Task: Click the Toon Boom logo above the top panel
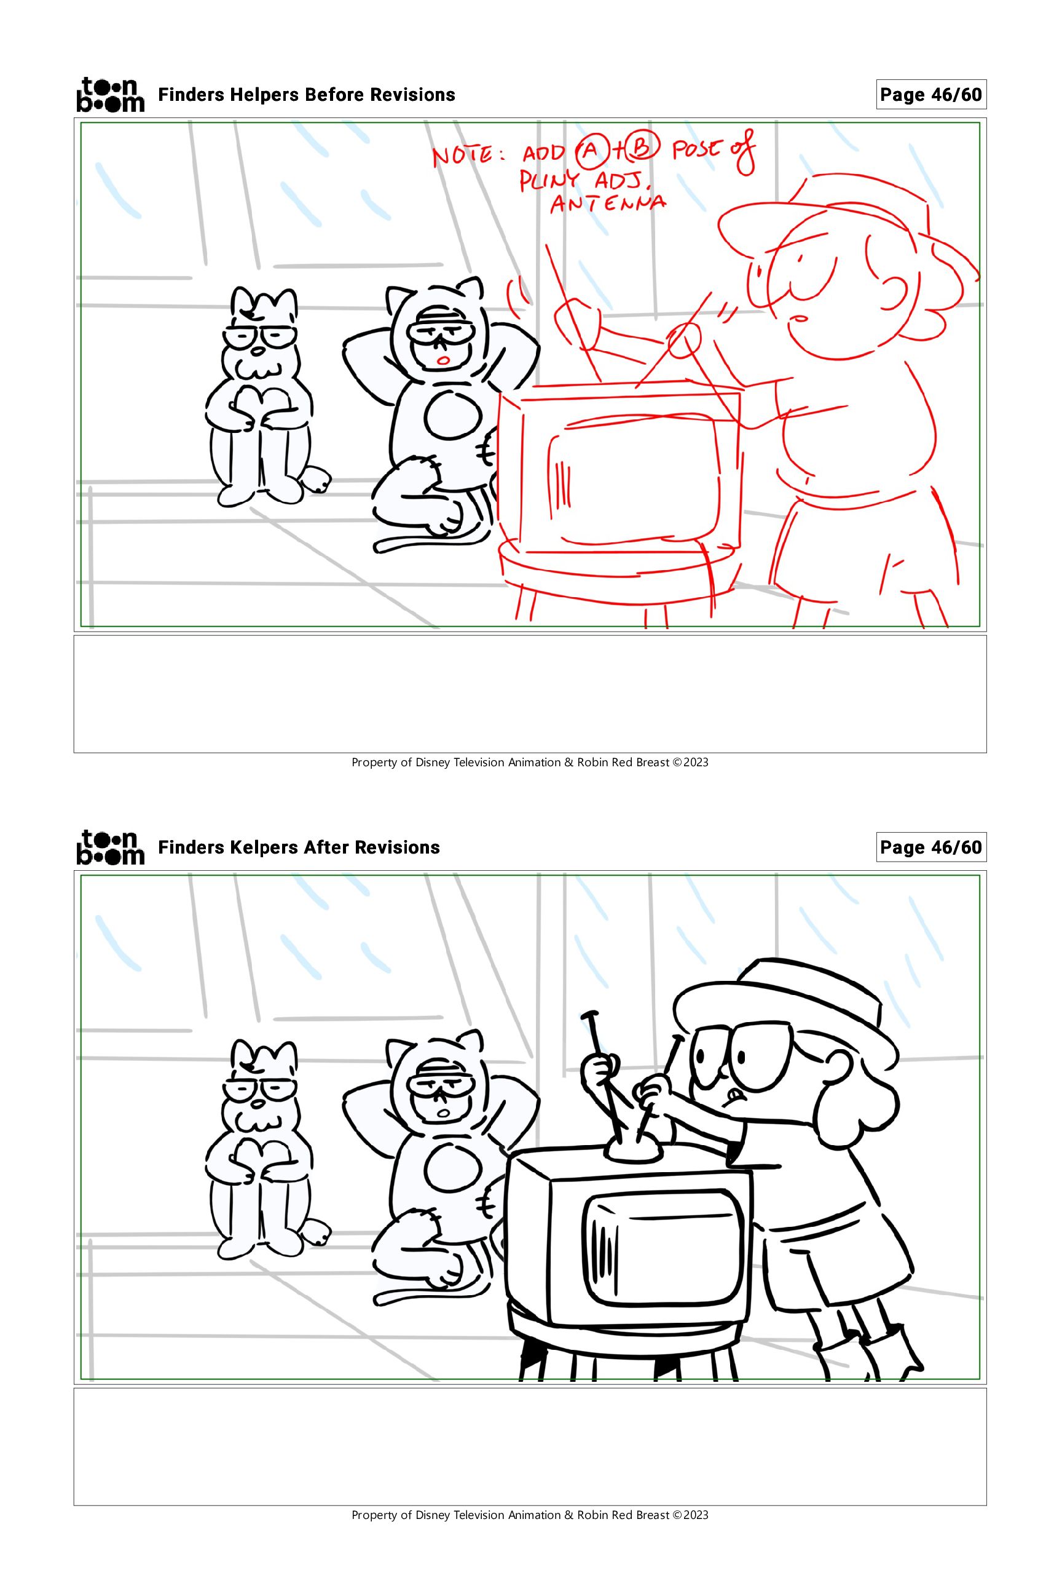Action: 111,95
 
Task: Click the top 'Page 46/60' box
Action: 930,95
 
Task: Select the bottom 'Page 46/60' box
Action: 930,847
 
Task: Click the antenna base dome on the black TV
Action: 635,1148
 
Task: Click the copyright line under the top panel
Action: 530,763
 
